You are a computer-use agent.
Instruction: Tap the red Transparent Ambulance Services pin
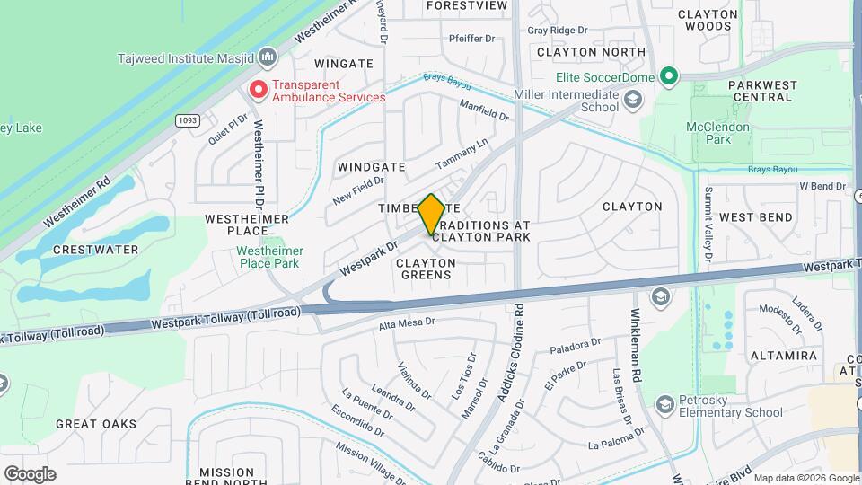259,90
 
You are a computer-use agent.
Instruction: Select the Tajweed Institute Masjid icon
267,59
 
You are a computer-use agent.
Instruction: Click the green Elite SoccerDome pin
668,77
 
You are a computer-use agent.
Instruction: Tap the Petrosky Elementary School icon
665,405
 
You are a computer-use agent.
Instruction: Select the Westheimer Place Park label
269,257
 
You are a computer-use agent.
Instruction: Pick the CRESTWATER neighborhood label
95,249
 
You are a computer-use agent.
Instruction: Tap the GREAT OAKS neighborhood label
95,424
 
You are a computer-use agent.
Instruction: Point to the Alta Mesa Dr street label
407,323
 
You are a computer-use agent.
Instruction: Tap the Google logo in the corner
29,473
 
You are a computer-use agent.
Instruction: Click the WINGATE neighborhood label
344,64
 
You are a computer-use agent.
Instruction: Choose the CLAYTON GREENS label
426,269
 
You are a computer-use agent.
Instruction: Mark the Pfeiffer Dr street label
472,39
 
